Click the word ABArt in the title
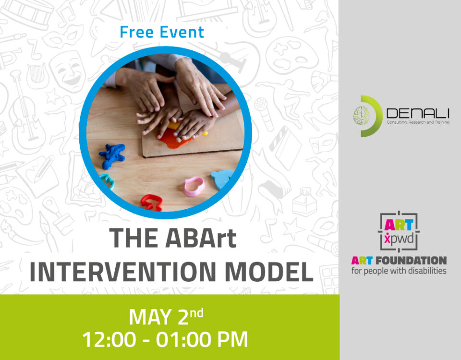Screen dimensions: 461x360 click(x=201, y=238)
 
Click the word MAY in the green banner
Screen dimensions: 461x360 click(x=150, y=317)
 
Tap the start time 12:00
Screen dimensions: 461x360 click(x=109, y=339)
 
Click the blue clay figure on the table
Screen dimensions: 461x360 click(x=112, y=156)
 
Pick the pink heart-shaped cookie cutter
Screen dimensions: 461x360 click(x=194, y=186)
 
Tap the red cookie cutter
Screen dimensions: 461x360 click(x=151, y=203)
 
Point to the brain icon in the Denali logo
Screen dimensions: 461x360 click(x=361, y=116)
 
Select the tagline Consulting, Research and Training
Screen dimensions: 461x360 click(x=418, y=122)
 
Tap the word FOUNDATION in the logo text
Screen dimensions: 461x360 click(x=411, y=260)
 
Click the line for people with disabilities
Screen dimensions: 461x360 click(x=399, y=271)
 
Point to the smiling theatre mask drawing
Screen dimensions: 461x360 click(x=68, y=71)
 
